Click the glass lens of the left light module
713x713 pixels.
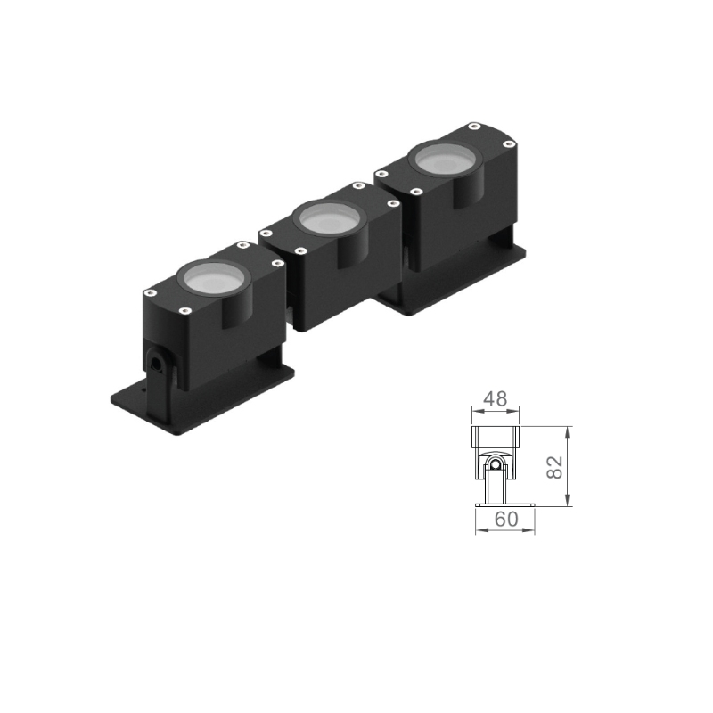click(214, 277)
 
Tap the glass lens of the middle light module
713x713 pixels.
click(330, 217)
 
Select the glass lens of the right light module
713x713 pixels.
click(445, 159)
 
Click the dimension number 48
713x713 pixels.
click(496, 398)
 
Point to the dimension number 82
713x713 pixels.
click(554, 467)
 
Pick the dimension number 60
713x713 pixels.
click(506, 519)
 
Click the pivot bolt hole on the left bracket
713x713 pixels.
click(157, 364)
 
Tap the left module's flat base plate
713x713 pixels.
click(203, 400)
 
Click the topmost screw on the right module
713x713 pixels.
click(475, 126)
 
